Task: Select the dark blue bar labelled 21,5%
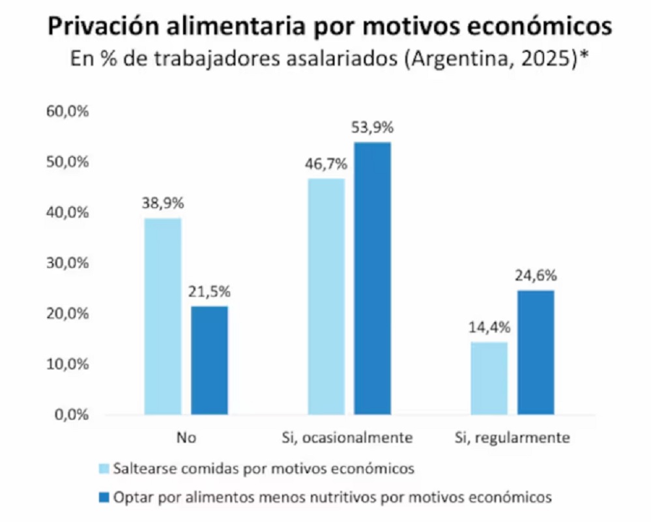[209, 360]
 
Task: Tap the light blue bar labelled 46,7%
[326, 297]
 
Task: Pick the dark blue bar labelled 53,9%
[372, 278]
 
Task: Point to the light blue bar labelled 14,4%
[489, 378]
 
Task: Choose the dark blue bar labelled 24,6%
[536, 352]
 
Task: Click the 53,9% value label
[373, 128]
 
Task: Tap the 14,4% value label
[489, 328]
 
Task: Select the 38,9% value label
[163, 203]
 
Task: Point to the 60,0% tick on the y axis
[67, 111]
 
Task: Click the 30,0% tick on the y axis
[67, 263]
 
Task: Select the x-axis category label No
[186, 437]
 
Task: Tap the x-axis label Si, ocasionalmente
[349, 437]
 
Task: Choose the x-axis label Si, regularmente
[512, 437]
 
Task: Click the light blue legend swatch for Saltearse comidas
[104, 469]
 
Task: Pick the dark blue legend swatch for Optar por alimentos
[104, 497]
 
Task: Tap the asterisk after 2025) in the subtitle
[585, 56]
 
